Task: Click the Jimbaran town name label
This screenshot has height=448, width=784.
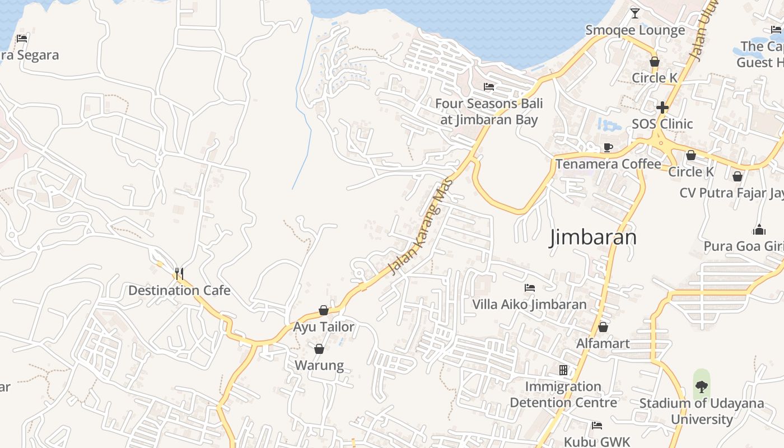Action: click(593, 237)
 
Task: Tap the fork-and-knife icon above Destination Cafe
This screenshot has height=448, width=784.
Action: click(179, 273)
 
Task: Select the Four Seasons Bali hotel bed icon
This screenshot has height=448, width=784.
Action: click(489, 87)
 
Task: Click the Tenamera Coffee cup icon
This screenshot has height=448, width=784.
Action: click(608, 147)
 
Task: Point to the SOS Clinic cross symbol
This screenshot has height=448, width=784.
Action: click(662, 107)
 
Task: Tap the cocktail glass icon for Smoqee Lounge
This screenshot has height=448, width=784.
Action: click(634, 13)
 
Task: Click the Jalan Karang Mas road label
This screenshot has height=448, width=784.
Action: click(420, 231)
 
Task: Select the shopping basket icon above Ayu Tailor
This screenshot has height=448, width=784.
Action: click(324, 310)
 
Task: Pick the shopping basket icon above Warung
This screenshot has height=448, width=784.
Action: click(319, 349)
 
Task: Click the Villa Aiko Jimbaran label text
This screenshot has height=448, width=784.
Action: click(529, 305)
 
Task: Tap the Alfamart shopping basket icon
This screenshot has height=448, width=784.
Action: click(603, 326)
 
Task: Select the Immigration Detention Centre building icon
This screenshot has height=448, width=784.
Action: click(563, 370)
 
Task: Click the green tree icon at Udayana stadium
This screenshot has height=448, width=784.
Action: click(701, 386)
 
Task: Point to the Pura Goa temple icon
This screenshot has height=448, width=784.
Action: click(759, 230)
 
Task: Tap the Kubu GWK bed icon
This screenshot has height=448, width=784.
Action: click(596, 426)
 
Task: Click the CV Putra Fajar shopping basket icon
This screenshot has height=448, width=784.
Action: click(738, 176)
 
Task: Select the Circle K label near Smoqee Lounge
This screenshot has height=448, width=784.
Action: click(654, 78)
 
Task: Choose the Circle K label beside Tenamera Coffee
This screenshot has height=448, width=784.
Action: click(691, 172)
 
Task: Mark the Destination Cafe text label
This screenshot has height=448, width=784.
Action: click(179, 290)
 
